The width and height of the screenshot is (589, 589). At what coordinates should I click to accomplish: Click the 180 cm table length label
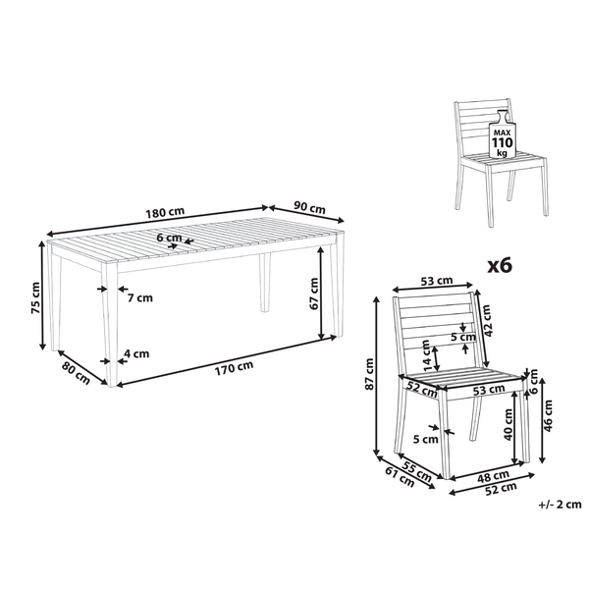(165, 212)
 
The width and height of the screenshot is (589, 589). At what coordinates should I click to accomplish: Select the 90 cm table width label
(309, 207)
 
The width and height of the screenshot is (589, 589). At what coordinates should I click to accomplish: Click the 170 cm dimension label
(234, 368)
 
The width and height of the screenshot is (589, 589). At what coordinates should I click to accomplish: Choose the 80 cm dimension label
(76, 373)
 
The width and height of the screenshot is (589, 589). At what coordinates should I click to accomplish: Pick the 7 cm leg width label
(140, 298)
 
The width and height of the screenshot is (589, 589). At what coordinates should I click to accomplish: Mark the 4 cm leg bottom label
(136, 353)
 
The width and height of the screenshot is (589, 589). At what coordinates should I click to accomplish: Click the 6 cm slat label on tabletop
(169, 238)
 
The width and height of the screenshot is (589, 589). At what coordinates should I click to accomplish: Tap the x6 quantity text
(500, 266)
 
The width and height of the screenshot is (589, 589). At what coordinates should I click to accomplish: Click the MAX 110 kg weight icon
(503, 134)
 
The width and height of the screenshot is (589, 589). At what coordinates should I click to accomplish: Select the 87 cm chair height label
(369, 374)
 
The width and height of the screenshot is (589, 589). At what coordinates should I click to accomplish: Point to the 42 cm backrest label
(486, 320)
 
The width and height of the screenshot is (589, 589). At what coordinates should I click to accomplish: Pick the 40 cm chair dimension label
(508, 424)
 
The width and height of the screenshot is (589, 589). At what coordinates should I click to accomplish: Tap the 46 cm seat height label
(548, 416)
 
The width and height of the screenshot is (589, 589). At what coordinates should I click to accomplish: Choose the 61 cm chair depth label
(400, 477)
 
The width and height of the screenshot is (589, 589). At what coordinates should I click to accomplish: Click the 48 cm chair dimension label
(493, 476)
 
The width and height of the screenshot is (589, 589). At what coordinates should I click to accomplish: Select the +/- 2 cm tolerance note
(561, 505)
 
